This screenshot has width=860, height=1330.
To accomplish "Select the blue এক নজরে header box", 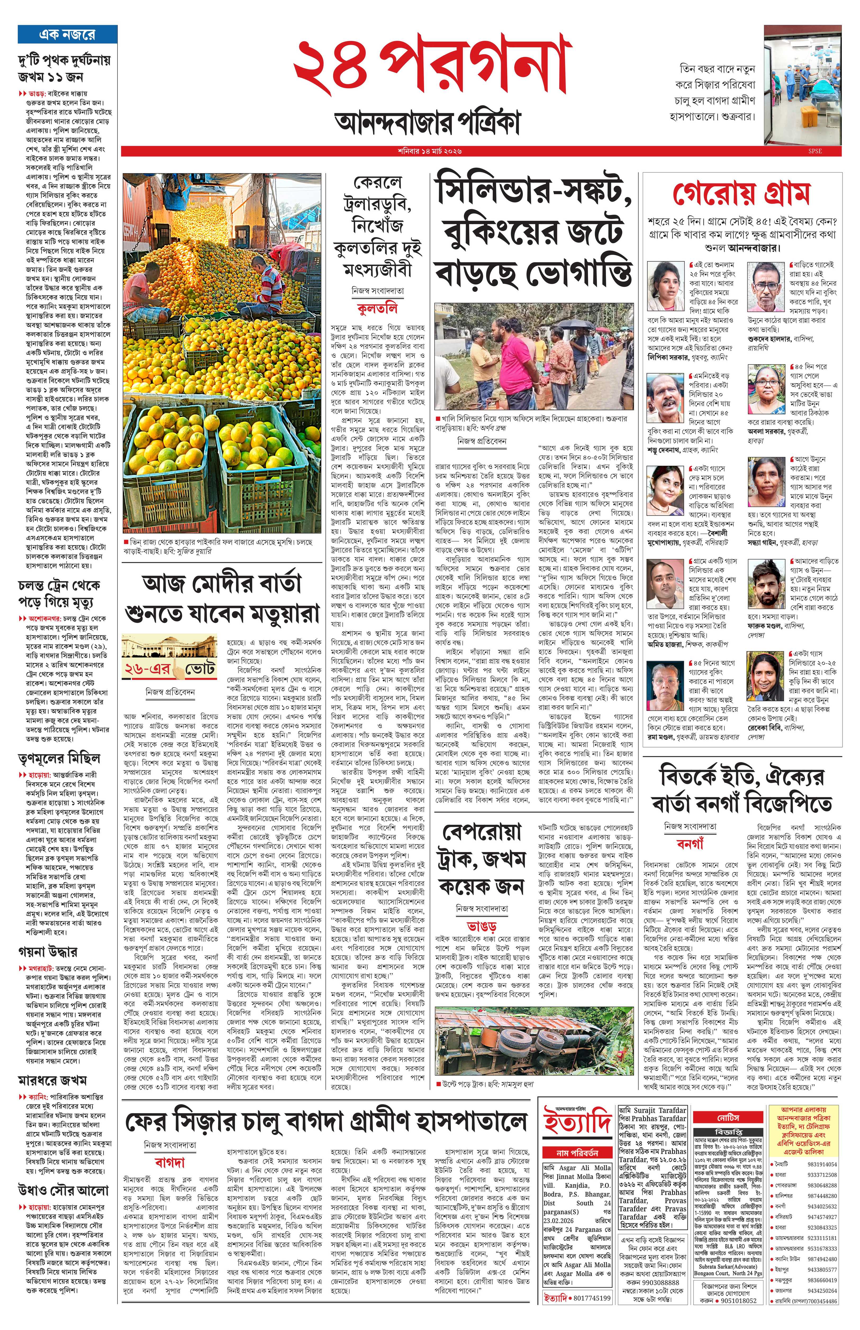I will [x=67, y=34].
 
